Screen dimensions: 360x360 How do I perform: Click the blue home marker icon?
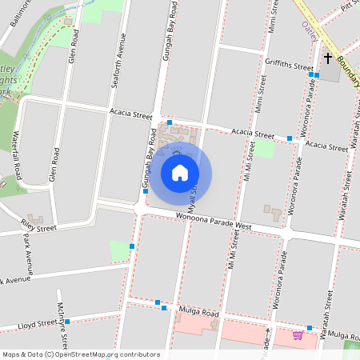point(180,173)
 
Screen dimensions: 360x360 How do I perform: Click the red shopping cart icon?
point(298,334)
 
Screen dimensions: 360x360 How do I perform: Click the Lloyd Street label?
point(38,325)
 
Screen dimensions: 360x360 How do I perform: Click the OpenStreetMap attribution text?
point(80,354)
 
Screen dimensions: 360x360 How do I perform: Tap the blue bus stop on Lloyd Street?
point(67,322)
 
